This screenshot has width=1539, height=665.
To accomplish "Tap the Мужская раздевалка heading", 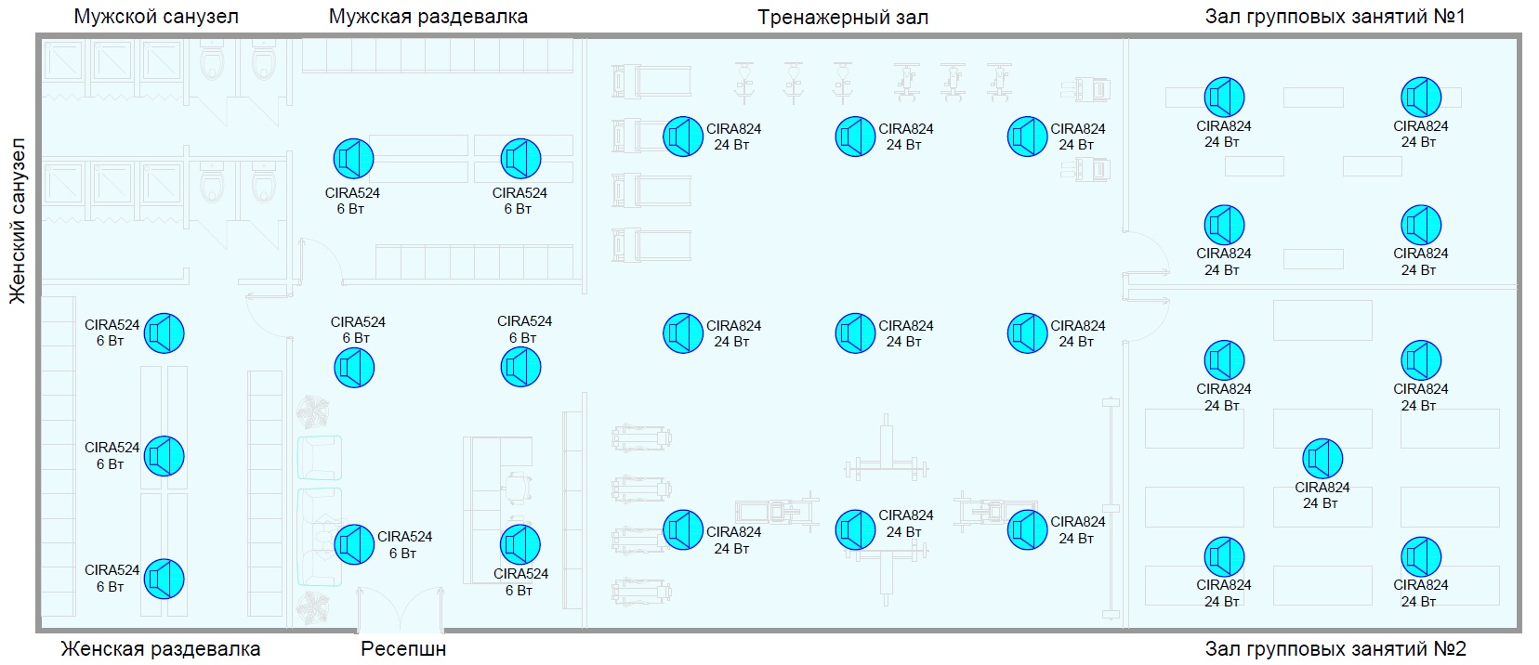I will [x=427, y=17].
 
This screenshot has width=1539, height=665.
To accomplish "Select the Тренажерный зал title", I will [x=842, y=17].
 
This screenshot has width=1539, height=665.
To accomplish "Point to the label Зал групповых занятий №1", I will [x=1335, y=17].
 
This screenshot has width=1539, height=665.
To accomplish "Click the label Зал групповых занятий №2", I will [x=1335, y=648].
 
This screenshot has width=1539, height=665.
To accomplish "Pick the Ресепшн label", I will [x=403, y=648].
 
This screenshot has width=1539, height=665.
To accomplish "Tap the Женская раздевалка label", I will [x=161, y=648].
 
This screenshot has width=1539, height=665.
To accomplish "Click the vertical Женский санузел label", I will [x=17, y=221].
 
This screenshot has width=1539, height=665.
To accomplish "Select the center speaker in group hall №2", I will [x=1322, y=458].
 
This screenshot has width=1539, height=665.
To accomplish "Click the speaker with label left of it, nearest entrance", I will [x=354, y=544].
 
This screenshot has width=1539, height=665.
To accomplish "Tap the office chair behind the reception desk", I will [x=519, y=486].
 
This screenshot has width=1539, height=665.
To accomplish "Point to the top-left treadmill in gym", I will [x=651, y=80].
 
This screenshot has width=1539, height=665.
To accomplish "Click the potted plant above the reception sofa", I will [x=314, y=410].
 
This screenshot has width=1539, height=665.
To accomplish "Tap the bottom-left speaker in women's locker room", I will [x=164, y=579].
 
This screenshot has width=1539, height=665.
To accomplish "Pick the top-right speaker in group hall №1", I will [x=1421, y=98].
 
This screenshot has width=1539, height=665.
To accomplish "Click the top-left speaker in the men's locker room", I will [x=354, y=159].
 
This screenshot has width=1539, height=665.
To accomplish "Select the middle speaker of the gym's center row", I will [x=855, y=333].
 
